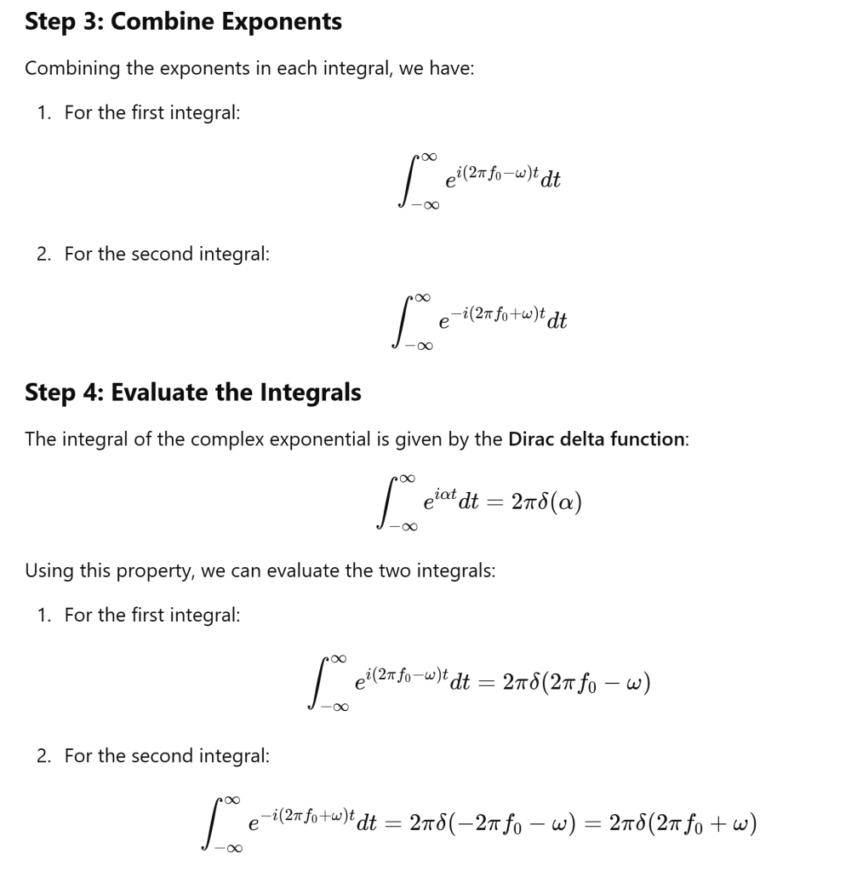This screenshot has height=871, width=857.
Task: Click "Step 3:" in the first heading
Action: (x=64, y=21)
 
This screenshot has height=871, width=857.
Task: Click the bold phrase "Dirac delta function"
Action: (x=596, y=439)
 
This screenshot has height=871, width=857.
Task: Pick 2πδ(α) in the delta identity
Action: (x=546, y=502)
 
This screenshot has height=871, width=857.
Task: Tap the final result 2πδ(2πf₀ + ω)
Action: (x=684, y=823)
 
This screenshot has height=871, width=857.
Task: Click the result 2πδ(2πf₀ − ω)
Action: (x=576, y=683)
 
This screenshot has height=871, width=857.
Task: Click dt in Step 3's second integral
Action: (x=557, y=321)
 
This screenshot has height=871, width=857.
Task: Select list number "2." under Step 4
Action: (x=43, y=755)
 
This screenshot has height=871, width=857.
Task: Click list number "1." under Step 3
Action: (x=43, y=112)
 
